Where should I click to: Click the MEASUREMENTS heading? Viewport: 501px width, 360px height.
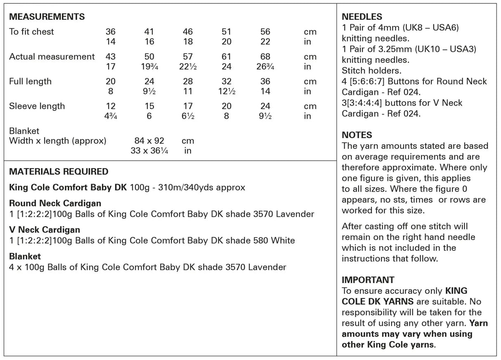coord(47,17)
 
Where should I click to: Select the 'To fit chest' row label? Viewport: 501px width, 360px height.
coord(31,32)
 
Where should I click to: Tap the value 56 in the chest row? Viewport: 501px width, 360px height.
coord(265,32)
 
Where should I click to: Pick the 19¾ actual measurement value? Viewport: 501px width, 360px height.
coord(149,67)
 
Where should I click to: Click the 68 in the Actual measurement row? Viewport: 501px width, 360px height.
coord(265,57)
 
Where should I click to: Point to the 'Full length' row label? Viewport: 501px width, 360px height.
coord(30,81)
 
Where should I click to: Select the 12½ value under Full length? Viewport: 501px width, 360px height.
coord(227,92)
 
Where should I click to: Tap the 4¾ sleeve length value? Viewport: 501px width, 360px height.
coord(111,116)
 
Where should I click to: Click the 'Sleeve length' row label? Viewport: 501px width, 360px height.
coord(37,106)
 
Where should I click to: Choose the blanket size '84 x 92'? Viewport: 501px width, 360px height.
coord(149,141)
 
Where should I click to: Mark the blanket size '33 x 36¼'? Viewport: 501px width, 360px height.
coord(149,151)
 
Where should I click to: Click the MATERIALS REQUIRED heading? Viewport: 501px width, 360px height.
coord(59,172)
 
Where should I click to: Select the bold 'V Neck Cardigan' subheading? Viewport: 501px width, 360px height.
coord(45,230)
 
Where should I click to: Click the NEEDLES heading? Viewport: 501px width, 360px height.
coord(362,17)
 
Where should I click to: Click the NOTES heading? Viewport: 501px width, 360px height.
coord(357,135)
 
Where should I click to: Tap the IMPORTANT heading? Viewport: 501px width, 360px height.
coord(368,280)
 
